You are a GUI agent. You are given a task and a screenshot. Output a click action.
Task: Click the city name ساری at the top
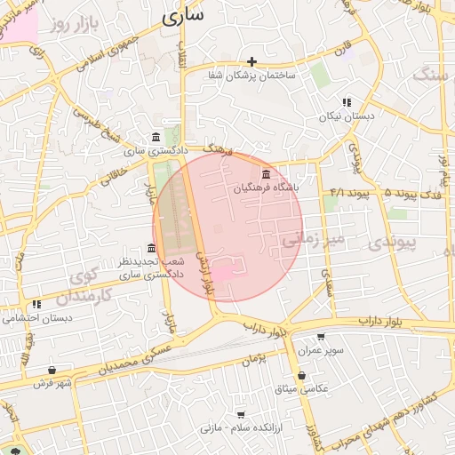point(184,15)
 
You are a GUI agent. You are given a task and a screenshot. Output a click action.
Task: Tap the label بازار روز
point(72,22)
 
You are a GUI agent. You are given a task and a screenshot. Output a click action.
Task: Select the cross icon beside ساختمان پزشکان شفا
point(252,61)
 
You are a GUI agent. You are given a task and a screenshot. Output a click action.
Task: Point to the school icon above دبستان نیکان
point(347,102)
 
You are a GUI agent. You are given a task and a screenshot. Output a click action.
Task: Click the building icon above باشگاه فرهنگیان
point(266,172)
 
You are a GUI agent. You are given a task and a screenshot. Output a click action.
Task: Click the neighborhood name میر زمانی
point(311,239)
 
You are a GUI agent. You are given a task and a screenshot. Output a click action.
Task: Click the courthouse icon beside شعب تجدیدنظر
point(152,248)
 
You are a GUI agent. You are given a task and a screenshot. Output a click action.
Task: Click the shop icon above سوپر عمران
point(321,338)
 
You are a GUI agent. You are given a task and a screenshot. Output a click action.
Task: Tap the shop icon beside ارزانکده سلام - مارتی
point(241,414)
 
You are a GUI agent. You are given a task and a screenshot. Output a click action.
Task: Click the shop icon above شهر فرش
point(52,370)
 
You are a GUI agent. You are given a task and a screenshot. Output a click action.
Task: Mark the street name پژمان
point(254,359)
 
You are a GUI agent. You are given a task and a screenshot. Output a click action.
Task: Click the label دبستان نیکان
point(348,116)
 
